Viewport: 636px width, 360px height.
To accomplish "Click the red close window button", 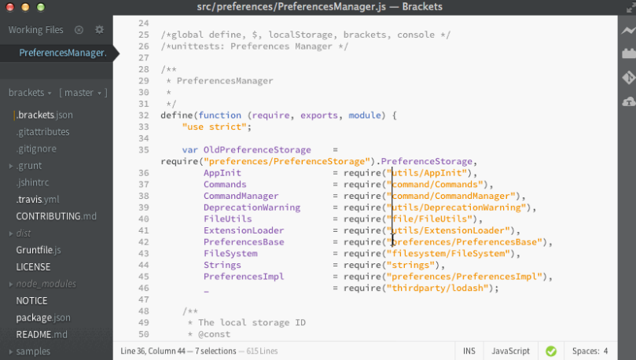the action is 9,7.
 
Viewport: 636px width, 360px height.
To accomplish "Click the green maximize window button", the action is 41,7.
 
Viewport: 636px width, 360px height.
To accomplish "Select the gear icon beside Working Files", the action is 99,30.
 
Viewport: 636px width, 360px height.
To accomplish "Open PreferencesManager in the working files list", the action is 63,53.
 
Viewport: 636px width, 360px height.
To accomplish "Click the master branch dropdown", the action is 83,93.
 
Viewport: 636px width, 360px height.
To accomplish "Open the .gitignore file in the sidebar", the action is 36,149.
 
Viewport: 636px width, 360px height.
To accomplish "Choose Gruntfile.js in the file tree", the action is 39,250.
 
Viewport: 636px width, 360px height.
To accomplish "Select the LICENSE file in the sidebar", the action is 33,266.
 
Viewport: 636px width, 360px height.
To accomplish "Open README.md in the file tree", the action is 42,335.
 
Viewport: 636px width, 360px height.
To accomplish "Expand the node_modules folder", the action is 11,285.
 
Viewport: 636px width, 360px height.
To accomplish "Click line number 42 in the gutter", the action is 144,242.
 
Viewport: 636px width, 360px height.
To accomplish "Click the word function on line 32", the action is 220,115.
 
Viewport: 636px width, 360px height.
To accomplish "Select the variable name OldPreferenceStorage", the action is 257,150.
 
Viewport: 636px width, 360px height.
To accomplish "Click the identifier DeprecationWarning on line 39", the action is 252,208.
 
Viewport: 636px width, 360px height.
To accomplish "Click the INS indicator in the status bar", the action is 469,351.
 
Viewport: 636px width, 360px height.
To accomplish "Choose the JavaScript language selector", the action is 511,351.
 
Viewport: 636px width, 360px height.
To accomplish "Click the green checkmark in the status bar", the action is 551,351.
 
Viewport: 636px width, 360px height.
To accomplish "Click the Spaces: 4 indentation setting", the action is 590,351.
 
